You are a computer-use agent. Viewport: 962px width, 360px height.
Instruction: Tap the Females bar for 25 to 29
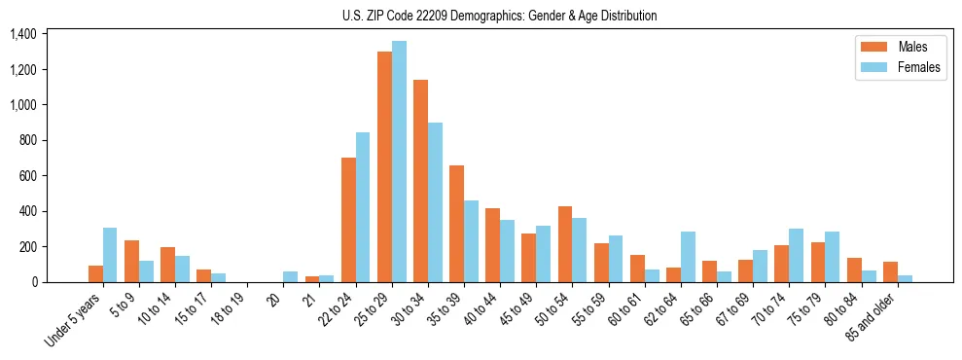pyautogui.click(x=399, y=162)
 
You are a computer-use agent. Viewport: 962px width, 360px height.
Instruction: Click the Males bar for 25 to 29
pyautogui.click(x=384, y=166)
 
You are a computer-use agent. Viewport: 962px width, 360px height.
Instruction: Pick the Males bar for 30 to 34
pyautogui.click(x=420, y=181)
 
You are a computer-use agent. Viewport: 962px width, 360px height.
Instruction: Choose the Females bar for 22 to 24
pyautogui.click(x=363, y=207)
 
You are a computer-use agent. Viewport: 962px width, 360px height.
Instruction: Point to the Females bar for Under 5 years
pyautogui.click(x=110, y=255)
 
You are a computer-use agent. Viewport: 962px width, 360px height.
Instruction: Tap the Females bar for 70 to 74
pyautogui.click(x=795, y=256)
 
